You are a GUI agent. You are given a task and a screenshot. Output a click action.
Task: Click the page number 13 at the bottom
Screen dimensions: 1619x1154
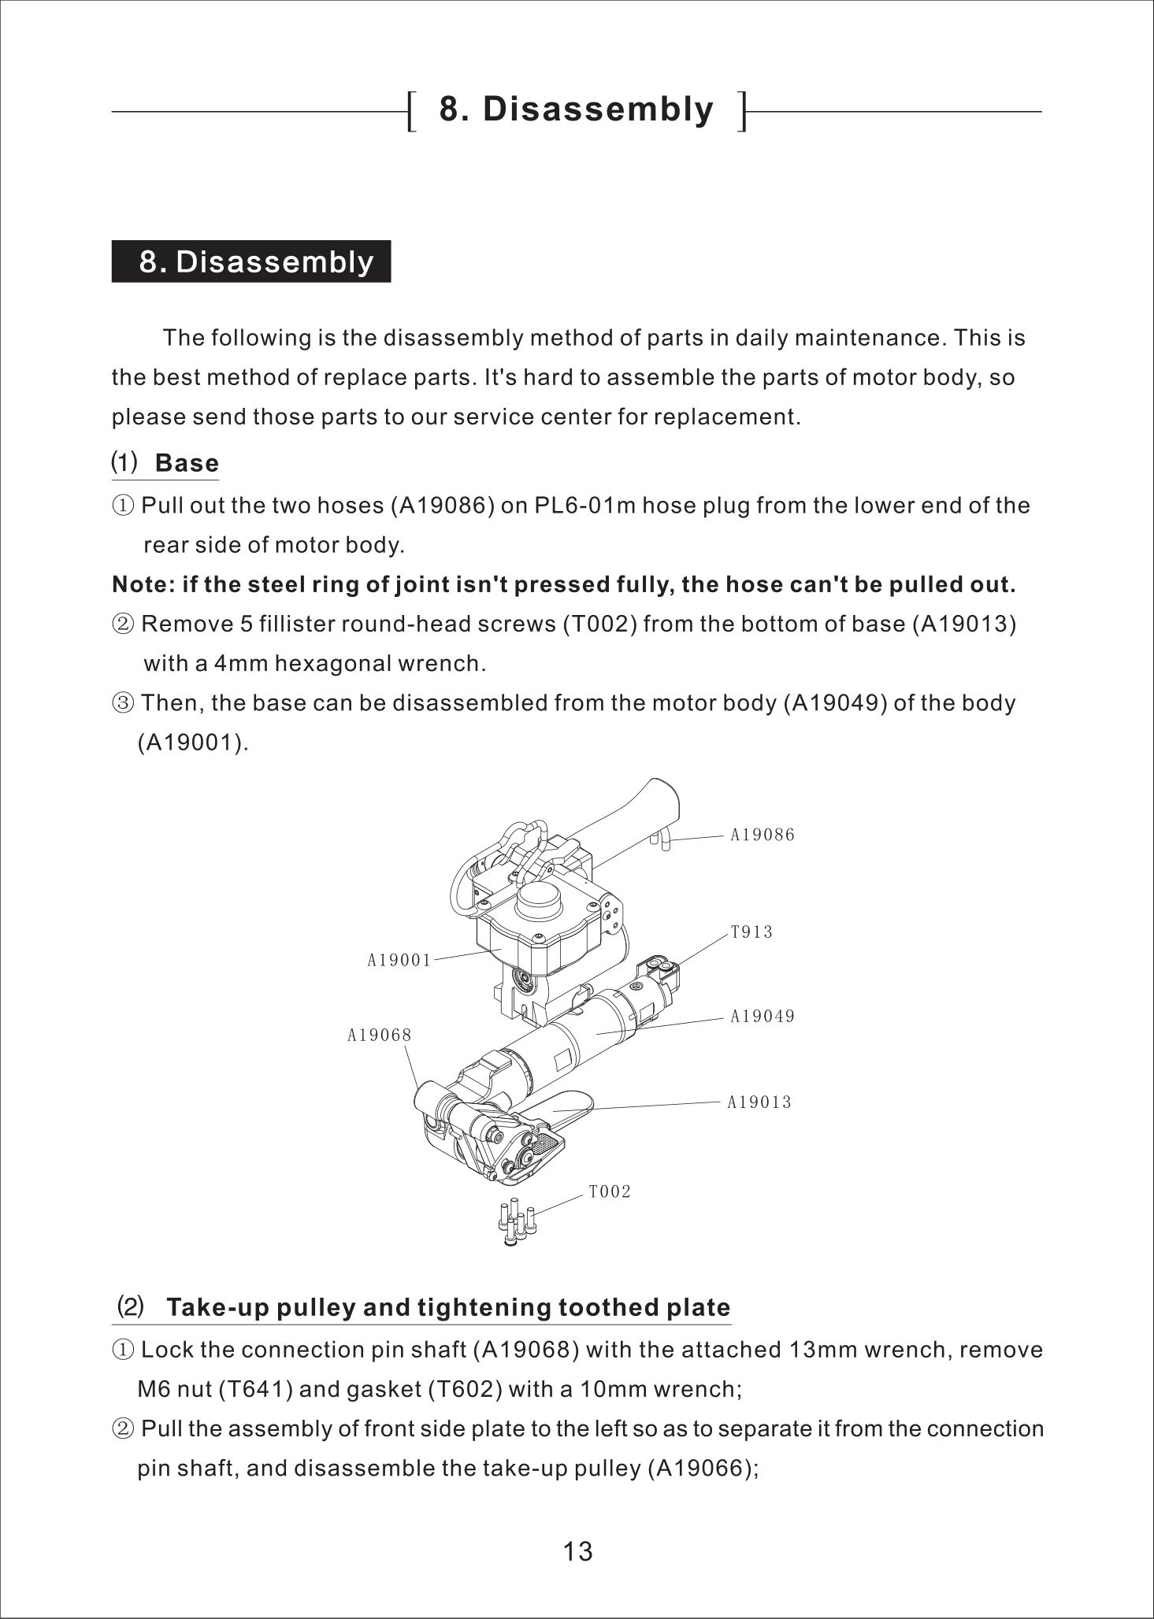point(577,1550)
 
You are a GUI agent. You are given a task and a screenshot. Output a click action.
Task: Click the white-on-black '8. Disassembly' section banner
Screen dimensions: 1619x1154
point(251,261)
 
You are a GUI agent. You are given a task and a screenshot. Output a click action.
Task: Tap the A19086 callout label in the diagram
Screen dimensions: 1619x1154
point(763,835)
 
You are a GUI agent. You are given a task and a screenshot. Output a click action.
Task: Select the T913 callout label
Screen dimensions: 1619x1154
point(751,932)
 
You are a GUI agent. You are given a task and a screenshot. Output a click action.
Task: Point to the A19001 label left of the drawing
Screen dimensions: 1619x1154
point(399,960)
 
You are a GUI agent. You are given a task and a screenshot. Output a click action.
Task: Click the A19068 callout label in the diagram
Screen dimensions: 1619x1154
point(380,1035)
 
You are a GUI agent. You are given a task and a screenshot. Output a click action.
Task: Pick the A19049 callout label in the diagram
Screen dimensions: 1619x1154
point(763,1017)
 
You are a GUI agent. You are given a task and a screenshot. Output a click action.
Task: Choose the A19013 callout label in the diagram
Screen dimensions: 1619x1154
point(759,1102)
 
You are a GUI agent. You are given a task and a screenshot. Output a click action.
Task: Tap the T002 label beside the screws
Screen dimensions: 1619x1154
point(610,1192)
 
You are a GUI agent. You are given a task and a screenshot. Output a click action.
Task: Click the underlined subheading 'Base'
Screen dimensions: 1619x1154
point(187,463)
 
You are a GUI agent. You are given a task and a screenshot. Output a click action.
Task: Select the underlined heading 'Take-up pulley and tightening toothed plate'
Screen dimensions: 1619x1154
point(448,1308)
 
